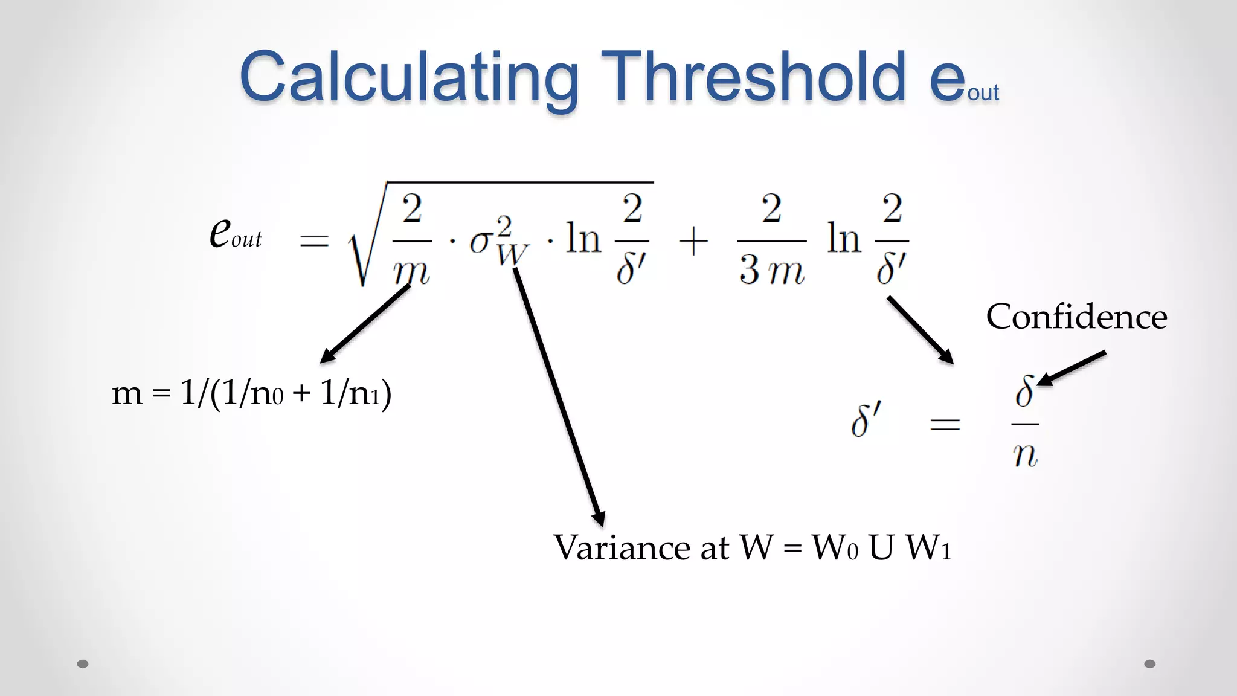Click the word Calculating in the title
[409, 77]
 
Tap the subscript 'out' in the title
[983, 93]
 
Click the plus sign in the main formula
[693, 242]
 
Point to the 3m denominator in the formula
[771, 270]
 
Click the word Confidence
[1076, 317]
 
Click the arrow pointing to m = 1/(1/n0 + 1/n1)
[365, 324]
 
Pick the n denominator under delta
[1025, 454]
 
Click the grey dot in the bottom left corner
[83, 664]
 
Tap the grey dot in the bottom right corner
[1150, 664]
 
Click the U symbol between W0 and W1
[881, 548]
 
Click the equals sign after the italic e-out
[314, 241]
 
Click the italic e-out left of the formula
[235, 233]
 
